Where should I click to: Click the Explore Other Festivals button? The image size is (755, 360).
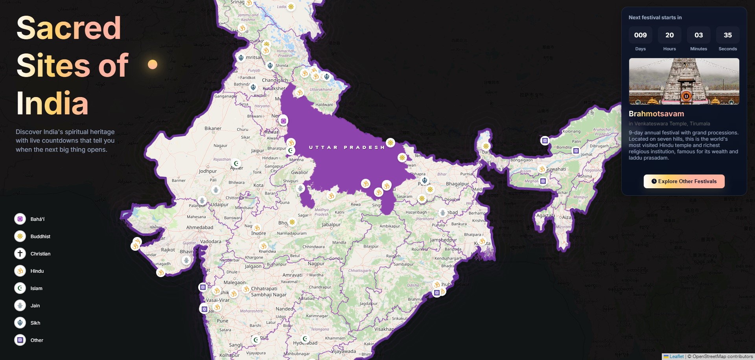click(x=684, y=181)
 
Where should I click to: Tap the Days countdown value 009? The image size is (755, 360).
click(x=640, y=35)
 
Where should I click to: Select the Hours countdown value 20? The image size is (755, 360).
click(x=669, y=35)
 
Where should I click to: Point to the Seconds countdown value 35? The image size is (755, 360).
click(x=727, y=35)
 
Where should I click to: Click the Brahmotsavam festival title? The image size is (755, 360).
click(x=656, y=114)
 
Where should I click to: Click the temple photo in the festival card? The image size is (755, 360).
click(x=684, y=81)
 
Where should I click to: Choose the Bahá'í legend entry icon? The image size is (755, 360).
click(x=20, y=219)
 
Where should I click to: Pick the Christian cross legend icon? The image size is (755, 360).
click(x=20, y=253)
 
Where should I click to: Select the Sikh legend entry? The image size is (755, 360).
click(x=35, y=323)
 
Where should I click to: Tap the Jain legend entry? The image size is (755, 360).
click(x=35, y=306)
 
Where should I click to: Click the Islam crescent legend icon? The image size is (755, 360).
click(x=20, y=288)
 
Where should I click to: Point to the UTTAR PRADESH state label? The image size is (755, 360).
click(x=346, y=147)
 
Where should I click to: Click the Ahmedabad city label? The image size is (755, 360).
click(x=200, y=228)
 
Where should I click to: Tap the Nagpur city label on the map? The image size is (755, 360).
click(x=316, y=264)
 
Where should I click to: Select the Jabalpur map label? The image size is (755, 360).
click(x=331, y=225)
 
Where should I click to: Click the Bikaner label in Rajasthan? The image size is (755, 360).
click(x=213, y=129)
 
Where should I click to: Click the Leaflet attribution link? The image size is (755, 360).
click(x=676, y=356)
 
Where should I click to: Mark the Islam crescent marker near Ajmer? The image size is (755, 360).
click(x=236, y=163)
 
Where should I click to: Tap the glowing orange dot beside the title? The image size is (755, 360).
click(x=153, y=64)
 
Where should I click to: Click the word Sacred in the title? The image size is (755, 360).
click(x=69, y=28)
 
